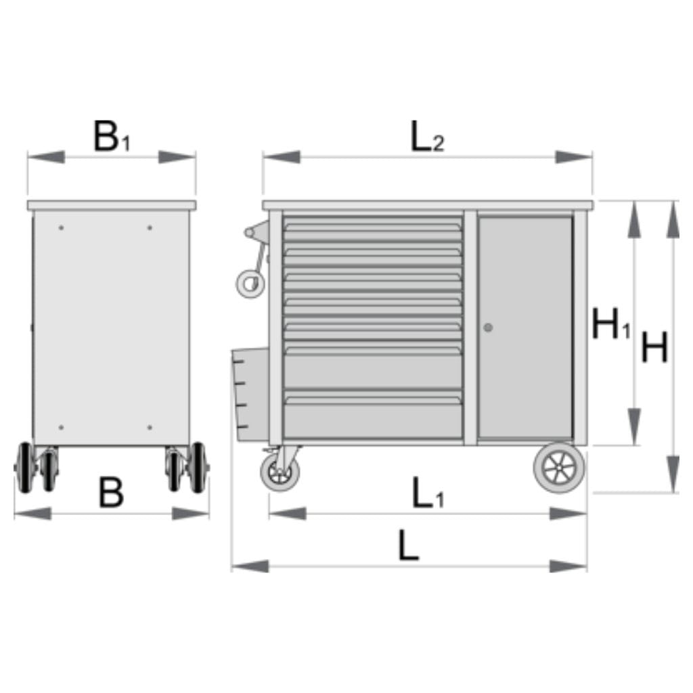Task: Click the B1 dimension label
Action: coord(112,136)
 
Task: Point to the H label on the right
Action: coord(654,347)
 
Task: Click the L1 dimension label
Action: coord(428,493)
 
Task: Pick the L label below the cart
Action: coord(408,545)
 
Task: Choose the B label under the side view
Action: coord(111,493)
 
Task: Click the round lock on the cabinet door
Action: coord(488,328)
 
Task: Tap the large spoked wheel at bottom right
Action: coord(559,468)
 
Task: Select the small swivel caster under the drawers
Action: coord(280,472)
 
